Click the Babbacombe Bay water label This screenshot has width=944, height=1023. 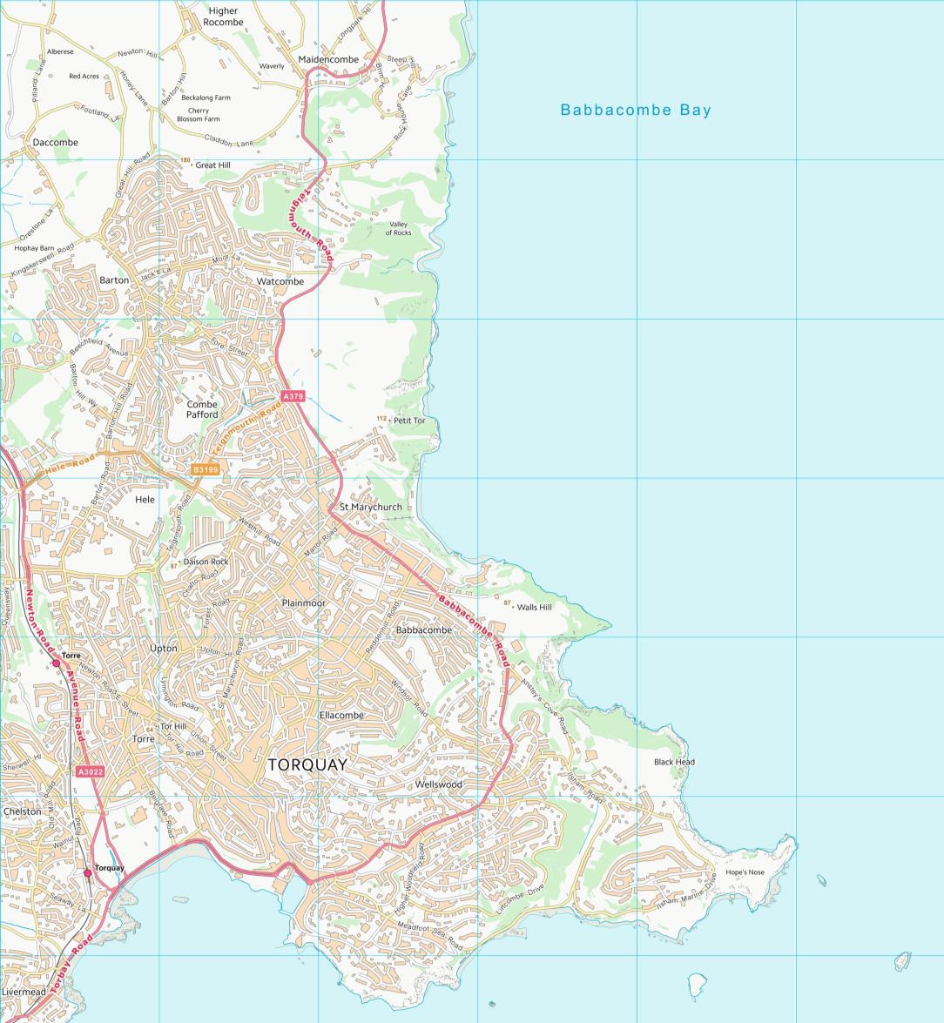point(636,110)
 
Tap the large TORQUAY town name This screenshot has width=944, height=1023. point(307,765)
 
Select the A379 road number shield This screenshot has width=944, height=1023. point(293,397)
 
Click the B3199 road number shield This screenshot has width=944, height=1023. point(206,469)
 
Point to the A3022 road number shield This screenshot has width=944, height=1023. point(89,772)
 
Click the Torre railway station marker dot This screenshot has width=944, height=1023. point(57,663)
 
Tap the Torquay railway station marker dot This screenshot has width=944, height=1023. point(87,872)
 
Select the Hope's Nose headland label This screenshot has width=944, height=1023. point(745,872)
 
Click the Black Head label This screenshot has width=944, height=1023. point(674,762)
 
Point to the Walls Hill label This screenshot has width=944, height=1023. point(534,607)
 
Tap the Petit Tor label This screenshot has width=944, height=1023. point(409,421)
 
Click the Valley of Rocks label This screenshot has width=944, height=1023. point(398,229)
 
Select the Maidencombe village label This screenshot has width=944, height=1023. point(328,59)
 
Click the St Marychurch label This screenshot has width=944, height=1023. point(371,507)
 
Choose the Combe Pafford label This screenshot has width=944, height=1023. point(202,409)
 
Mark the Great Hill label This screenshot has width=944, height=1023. point(212,165)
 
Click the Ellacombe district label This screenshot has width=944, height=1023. point(341,715)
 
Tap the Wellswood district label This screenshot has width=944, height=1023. point(438,784)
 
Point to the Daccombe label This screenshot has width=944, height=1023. point(55,142)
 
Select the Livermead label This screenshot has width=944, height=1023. point(24,992)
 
